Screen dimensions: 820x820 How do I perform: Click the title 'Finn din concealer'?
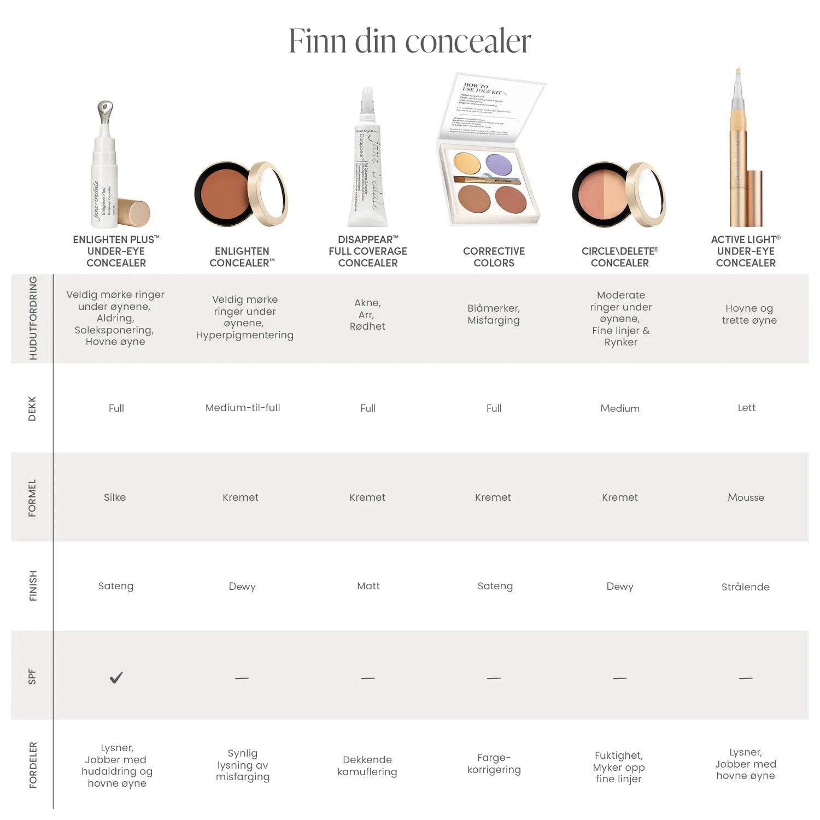coord(409,41)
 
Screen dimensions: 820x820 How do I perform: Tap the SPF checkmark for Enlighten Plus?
coord(116,678)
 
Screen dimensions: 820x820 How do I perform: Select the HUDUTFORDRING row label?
coord(33,318)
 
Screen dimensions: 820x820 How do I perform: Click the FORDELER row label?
coord(33,765)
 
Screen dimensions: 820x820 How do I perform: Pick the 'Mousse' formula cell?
coord(746,497)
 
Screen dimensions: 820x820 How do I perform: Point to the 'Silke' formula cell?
coord(115,497)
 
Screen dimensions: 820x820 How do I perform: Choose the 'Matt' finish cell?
coord(368,586)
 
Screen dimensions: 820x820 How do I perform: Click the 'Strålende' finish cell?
coord(745,587)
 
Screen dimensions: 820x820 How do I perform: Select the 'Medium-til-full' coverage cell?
coord(242,408)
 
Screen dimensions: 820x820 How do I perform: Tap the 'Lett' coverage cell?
coord(746,408)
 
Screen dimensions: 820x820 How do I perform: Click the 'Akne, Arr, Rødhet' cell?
coord(367,314)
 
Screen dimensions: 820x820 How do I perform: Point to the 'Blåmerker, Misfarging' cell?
coord(494,314)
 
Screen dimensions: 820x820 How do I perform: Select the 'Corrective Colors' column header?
coord(494,257)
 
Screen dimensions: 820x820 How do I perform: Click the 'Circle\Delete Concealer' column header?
coord(619,257)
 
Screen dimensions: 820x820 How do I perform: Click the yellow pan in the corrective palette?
coord(467,162)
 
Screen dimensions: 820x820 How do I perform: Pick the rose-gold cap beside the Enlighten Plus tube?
coord(133,213)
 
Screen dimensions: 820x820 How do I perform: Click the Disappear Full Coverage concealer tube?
coord(368,164)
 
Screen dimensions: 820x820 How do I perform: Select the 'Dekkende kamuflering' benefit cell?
coord(367,765)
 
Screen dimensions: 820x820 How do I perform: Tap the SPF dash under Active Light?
coord(746,678)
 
